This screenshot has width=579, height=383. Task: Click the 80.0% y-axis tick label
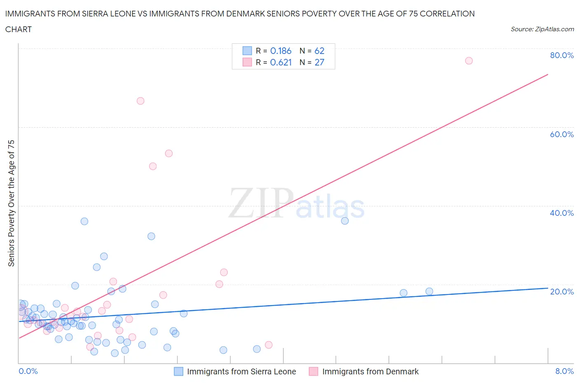coord(562,55)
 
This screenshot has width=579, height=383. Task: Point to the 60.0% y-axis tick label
coord(562,134)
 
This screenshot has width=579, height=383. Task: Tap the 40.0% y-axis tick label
coord(562,213)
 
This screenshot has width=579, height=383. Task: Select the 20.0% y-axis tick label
coord(562,292)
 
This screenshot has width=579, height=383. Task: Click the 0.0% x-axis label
coord(28,371)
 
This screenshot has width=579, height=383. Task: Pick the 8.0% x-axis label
coord(564,371)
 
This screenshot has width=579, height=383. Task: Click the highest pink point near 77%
coord(469,61)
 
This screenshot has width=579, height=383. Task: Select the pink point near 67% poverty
coord(140,101)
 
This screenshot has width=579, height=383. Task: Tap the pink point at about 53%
coord(168,153)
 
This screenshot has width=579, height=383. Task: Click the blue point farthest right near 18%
coord(429,292)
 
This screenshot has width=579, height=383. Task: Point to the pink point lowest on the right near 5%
coord(268,345)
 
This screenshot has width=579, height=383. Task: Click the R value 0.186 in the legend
coord(281,51)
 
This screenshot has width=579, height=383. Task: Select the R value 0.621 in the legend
coord(281,62)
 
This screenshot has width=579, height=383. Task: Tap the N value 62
coord(319,51)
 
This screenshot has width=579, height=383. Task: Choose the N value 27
coord(319,62)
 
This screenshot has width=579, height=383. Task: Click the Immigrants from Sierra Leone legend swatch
coord(178,371)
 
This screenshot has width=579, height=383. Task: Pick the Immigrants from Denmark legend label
coord(370,371)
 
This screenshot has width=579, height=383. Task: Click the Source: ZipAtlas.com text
coord(542,29)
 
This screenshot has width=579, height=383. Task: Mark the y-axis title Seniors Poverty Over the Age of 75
coord(12,203)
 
